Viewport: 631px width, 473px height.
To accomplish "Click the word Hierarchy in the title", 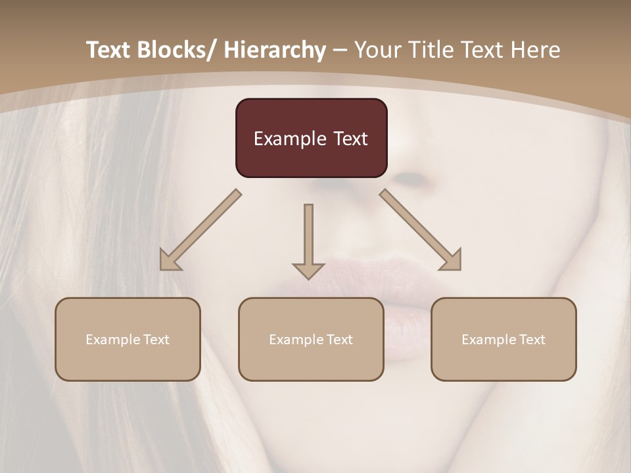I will tap(275, 50).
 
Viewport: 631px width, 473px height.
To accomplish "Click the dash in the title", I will tap(340, 51).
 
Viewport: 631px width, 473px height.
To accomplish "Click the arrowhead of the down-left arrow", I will tap(170, 260).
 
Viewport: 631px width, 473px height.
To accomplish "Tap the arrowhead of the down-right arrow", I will tap(451, 260).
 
